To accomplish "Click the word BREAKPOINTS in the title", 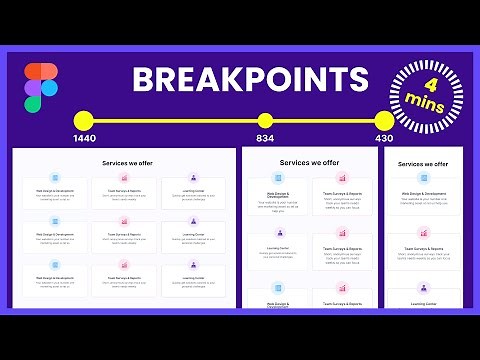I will pos(250,80).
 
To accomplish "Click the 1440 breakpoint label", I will pos(84,139).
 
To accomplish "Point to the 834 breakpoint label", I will pos(265,139).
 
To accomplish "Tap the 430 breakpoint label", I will pos(384,139).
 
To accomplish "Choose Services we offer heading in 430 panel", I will pos(421,163).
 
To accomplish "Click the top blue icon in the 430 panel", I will pos(421,182).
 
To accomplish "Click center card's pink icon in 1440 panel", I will pos(125,224).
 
